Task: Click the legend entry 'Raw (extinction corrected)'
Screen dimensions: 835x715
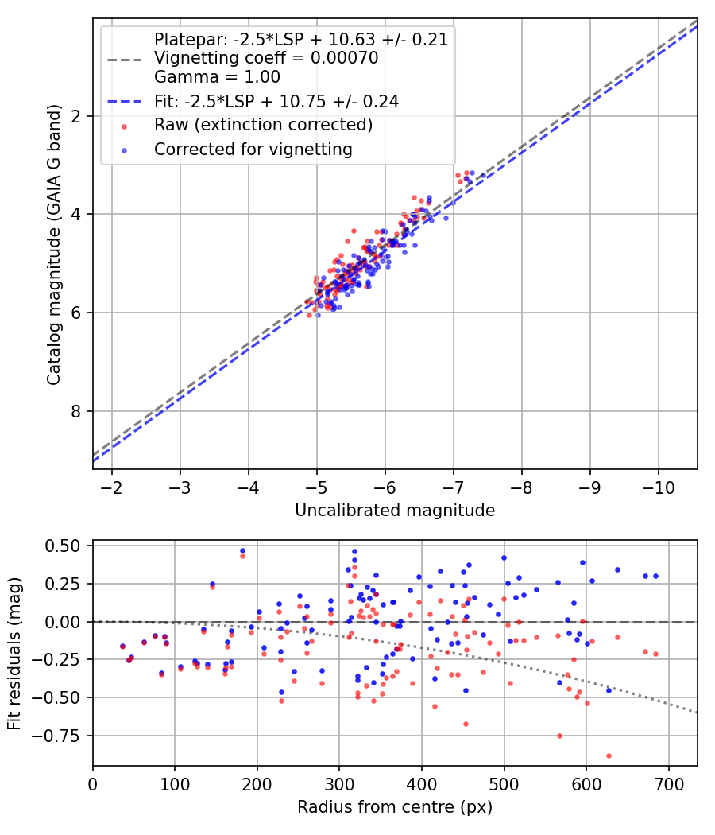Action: point(263,125)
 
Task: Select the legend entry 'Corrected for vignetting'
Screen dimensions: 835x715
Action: point(253,149)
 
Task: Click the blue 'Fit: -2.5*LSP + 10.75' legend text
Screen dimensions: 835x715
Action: point(276,101)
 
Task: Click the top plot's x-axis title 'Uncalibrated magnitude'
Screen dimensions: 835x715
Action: point(395,511)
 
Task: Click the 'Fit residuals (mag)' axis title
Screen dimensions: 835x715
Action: point(14,652)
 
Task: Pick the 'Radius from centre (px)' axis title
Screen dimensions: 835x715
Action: point(395,807)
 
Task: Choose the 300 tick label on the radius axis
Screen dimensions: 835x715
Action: point(257,783)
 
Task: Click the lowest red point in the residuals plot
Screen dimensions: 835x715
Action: point(609,755)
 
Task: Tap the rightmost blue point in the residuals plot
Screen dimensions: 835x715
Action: point(655,576)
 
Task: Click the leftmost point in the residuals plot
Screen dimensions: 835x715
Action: point(122,647)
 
